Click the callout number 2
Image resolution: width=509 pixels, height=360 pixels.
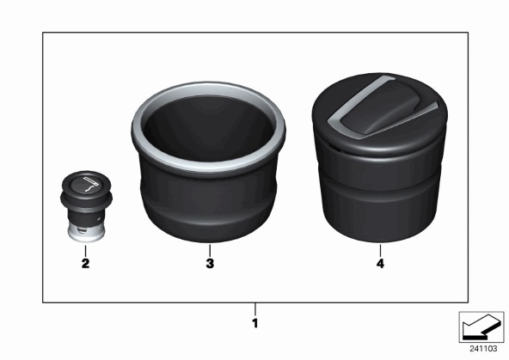[85, 263]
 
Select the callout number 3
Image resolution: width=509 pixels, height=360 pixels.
[210, 263]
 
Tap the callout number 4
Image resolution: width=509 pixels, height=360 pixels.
[380, 263]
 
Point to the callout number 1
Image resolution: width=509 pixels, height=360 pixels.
[255, 323]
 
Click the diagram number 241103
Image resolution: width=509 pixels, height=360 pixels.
[483, 349]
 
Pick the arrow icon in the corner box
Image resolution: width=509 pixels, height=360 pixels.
[481, 326]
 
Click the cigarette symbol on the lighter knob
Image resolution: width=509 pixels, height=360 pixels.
[90, 184]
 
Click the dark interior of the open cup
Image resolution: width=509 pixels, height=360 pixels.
[209, 128]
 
